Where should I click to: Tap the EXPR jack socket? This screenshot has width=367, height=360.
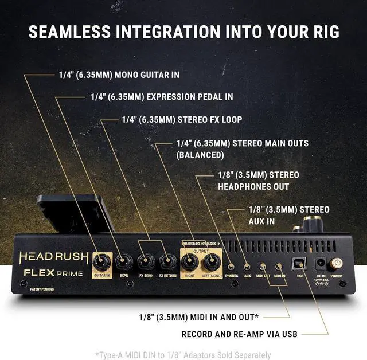[123, 262]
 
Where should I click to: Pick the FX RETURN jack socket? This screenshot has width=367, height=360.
[168, 262]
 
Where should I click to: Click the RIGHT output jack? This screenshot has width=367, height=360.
[190, 263]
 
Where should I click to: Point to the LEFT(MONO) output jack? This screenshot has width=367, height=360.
[212, 263]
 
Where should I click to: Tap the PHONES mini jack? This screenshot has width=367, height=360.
[232, 266]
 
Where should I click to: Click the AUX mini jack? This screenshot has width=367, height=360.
[247, 266]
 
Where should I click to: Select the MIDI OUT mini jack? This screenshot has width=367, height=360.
[263, 266]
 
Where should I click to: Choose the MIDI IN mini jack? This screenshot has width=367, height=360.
[279, 266]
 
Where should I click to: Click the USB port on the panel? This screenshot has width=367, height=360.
[299, 263]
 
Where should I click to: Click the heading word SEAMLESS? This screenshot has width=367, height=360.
[68, 30]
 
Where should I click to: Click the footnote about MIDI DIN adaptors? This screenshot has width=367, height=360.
[183, 355]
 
